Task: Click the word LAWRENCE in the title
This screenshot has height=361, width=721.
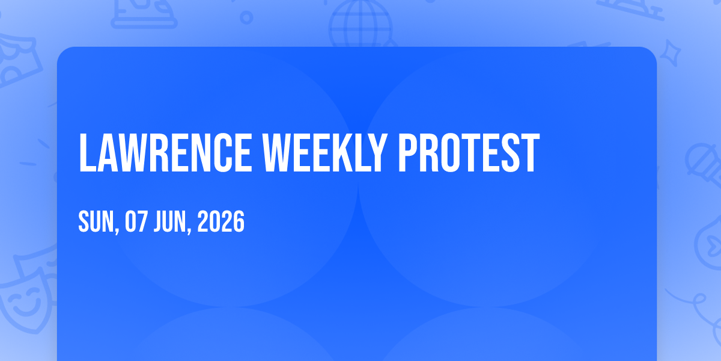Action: [165, 153]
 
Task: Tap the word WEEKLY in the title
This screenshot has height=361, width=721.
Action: [325, 153]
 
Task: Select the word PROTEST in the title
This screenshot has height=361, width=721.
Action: [469, 153]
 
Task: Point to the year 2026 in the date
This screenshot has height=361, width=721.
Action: [221, 221]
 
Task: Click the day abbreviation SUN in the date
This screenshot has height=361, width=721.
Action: [97, 221]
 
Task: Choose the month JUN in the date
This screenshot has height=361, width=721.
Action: [170, 221]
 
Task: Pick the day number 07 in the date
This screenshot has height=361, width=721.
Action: [136, 221]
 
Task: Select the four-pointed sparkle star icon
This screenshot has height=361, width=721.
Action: [671, 53]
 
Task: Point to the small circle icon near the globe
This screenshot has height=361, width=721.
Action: [246, 17]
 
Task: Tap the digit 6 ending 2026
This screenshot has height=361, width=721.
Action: [239, 221]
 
